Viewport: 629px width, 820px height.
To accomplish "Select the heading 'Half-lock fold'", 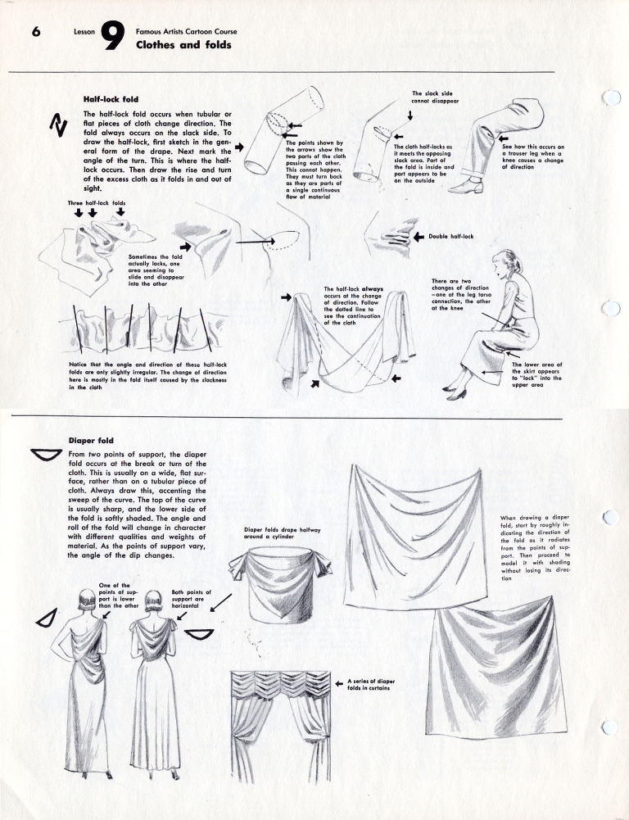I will coord(111,98).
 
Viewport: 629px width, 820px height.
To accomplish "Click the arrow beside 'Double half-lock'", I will coord(419,237).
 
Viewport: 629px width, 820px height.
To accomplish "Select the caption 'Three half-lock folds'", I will coord(97,202).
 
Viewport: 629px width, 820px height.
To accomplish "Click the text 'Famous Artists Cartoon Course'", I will coord(186,31).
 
